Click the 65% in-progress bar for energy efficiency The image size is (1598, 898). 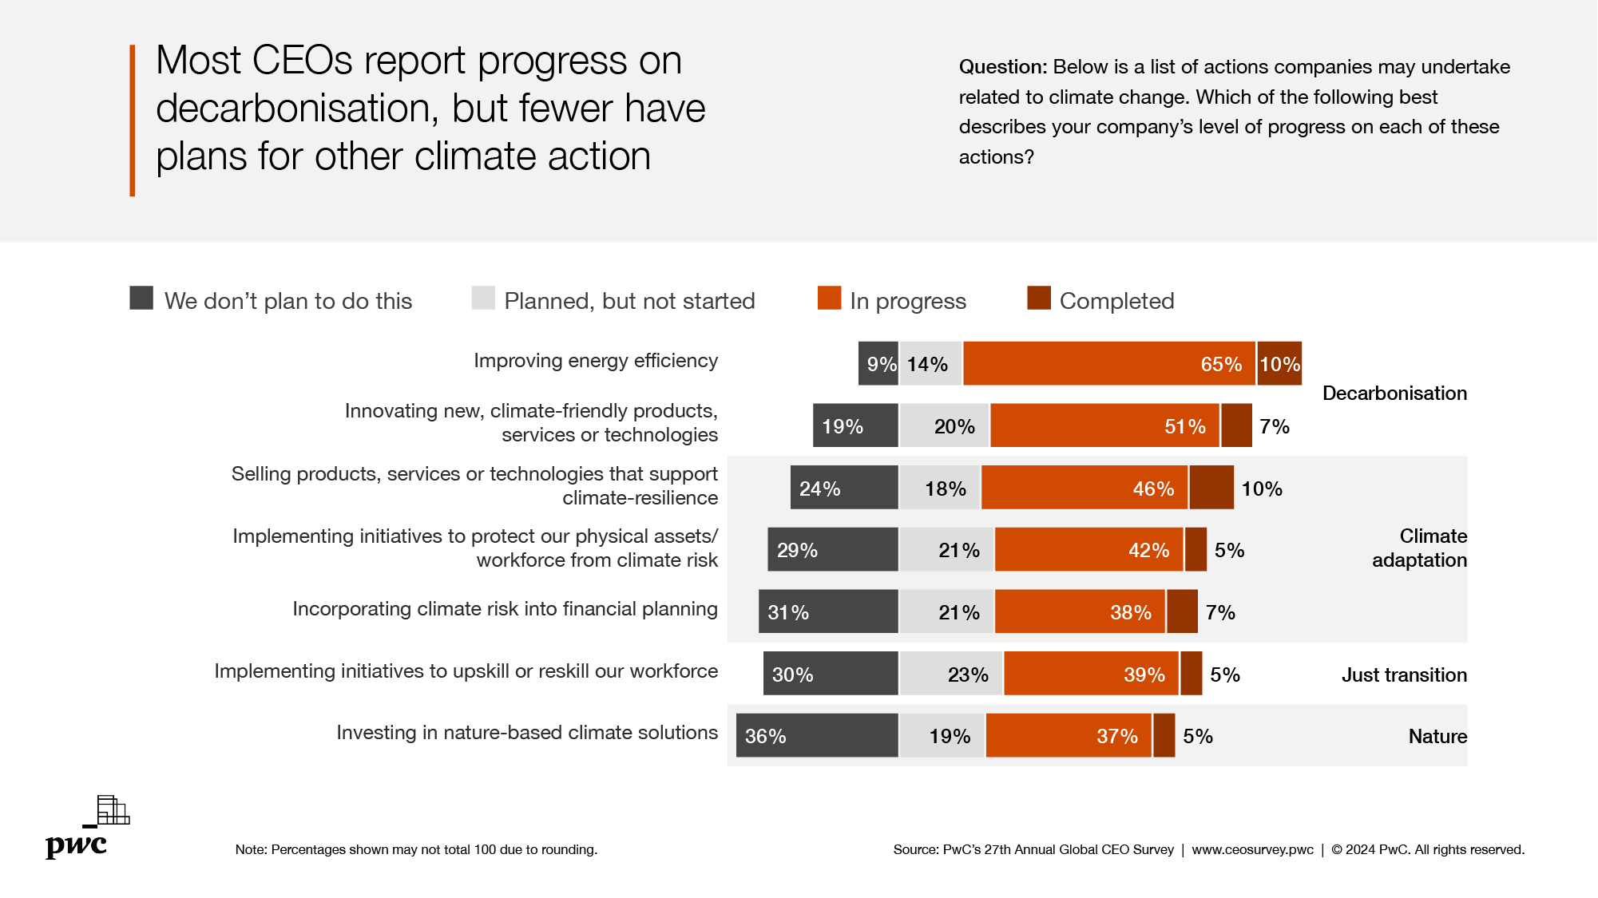coord(1108,364)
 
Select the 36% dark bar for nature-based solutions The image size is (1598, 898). coord(817,735)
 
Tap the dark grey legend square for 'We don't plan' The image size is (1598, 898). coord(141,299)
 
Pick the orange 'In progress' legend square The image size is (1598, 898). coord(829,299)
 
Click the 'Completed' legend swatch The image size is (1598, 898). coord(1038,299)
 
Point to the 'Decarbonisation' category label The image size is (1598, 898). coord(1394,394)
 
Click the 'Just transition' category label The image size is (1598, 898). coord(1403,675)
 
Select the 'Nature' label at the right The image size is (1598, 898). coord(1437,737)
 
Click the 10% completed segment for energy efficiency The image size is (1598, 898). coord(1279,364)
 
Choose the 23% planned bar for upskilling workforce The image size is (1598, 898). coord(950,674)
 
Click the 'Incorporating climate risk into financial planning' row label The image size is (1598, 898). coord(505,609)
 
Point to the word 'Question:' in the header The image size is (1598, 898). coord(1002,67)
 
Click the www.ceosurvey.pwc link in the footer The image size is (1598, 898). coord(1252,849)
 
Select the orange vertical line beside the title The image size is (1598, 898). coord(133,120)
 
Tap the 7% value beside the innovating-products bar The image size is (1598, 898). coord(1275,426)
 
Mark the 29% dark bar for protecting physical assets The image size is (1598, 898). coord(832,549)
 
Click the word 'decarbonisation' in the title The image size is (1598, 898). coord(297,109)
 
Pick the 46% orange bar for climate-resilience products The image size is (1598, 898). coord(1084,488)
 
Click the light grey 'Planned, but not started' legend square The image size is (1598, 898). coord(483,299)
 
